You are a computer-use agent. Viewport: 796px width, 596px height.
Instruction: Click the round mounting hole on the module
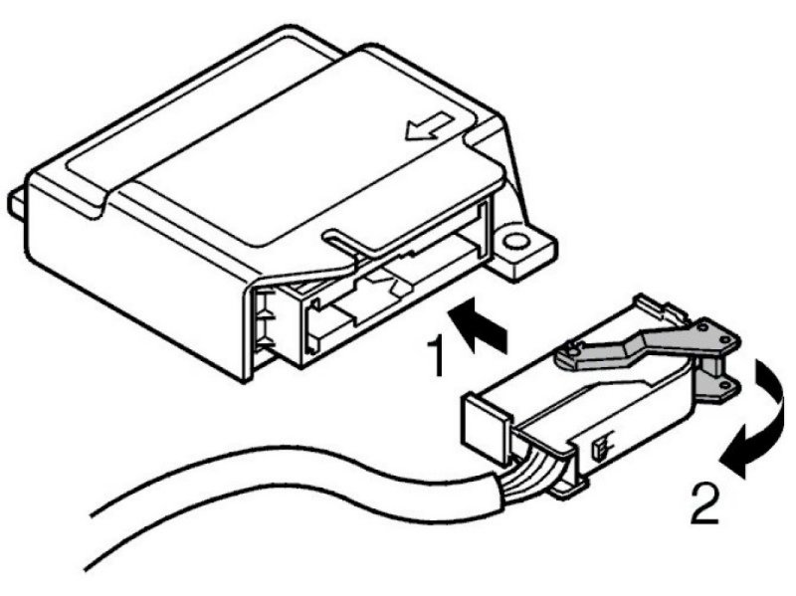tap(515, 242)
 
